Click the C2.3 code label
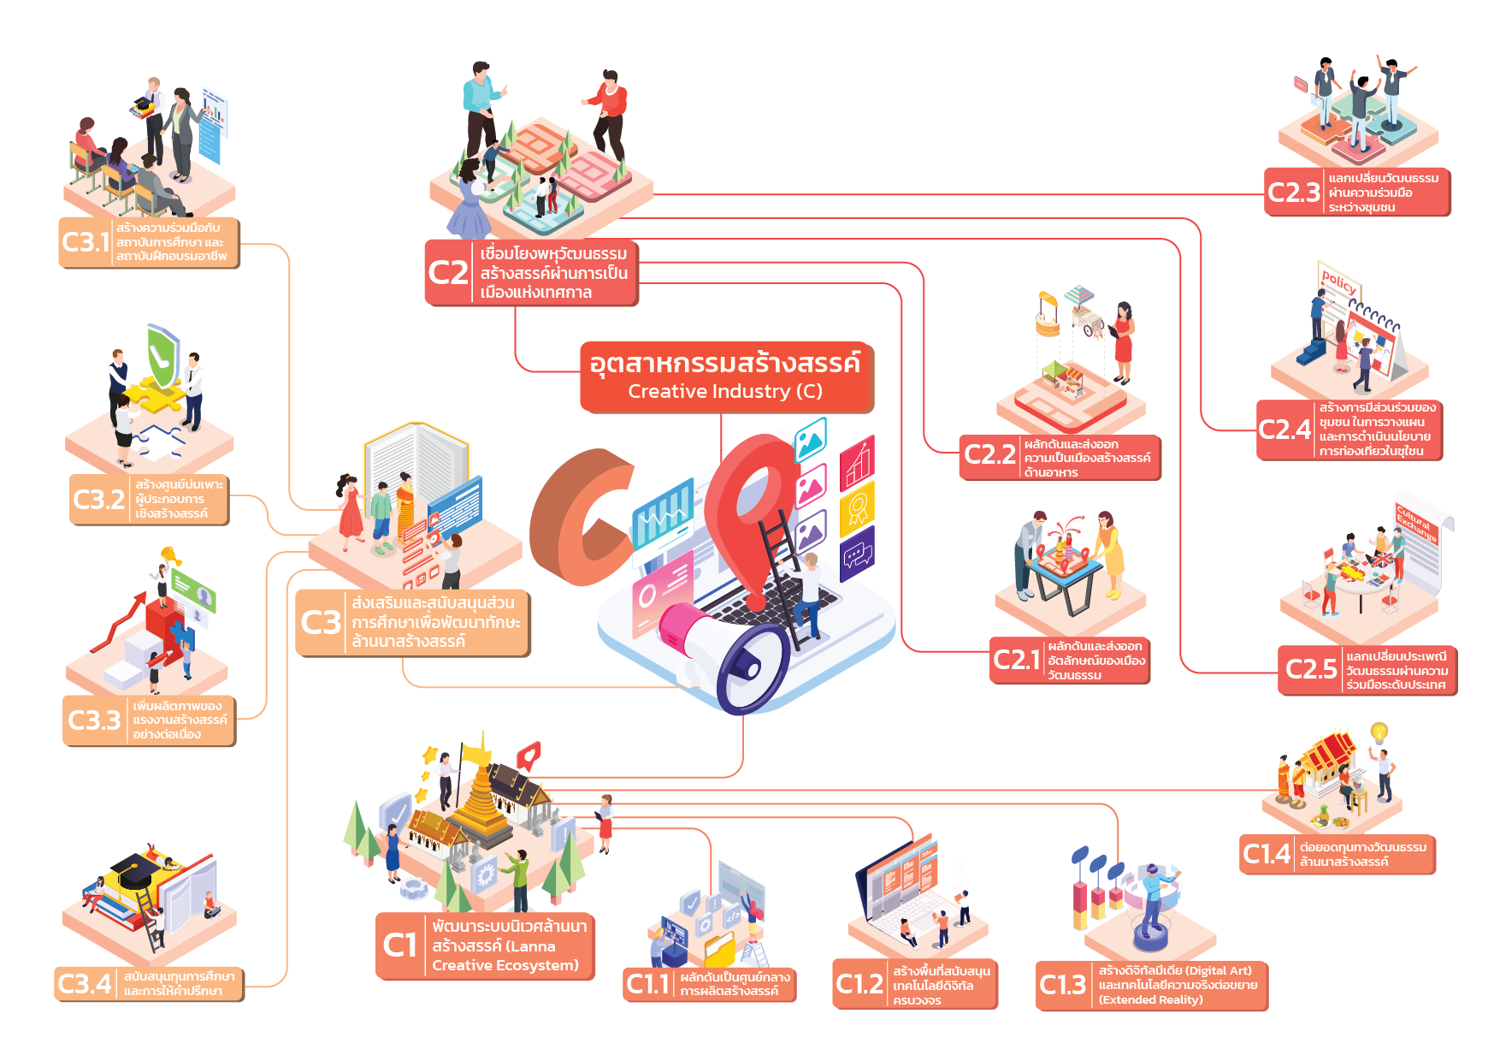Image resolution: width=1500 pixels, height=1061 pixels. click(x=1294, y=193)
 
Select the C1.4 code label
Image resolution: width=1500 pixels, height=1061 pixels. click(x=1267, y=854)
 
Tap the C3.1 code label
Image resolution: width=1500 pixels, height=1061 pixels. click(x=86, y=242)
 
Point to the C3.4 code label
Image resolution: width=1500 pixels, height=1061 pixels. click(x=84, y=984)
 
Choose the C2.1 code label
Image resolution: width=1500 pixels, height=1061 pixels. click(x=1016, y=660)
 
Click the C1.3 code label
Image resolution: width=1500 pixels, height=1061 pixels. click(x=1062, y=985)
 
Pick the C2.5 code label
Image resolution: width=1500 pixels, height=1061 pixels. click(x=1310, y=669)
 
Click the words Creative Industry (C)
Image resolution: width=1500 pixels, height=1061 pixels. click(x=725, y=392)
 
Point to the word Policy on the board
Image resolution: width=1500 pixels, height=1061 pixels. click(x=1338, y=282)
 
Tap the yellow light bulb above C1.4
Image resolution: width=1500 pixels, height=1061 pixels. click(x=1379, y=732)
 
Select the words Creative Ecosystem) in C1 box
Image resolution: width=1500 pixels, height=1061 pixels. click(x=505, y=965)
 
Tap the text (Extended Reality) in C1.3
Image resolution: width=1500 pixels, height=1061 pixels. click(x=1150, y=999)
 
